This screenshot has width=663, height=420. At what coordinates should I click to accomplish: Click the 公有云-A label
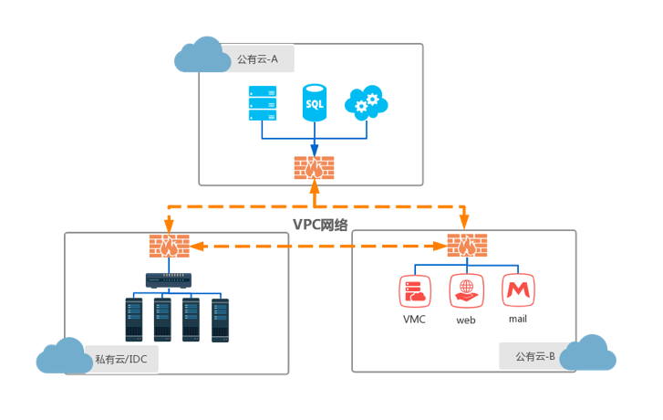tap(257, 59)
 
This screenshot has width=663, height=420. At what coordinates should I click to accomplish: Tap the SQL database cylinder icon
tap(314, 102)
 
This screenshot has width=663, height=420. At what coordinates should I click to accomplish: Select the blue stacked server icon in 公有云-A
tap(263, 103)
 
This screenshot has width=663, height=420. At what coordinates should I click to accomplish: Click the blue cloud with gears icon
tap(367, 102)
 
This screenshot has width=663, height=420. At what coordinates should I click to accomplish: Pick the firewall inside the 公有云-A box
tap(314, 168)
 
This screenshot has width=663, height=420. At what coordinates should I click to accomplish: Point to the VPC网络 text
tap(320, 225)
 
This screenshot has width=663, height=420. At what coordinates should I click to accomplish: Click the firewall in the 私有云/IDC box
tap(169, 246)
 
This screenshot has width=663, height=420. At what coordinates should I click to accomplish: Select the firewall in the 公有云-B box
tap(467, 245)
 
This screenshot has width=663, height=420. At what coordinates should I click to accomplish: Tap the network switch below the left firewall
tap(169, 280)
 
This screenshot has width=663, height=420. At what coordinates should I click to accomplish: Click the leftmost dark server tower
tap(134, 320)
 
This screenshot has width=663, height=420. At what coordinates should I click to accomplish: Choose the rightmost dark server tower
tap(221, 320)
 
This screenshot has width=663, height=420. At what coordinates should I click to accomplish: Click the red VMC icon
tap(415, 291)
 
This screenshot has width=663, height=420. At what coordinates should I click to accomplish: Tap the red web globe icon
tap(466, 291)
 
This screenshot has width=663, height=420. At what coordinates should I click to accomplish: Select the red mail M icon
tap(518, 290)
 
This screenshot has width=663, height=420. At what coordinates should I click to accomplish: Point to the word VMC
tap(414, 320)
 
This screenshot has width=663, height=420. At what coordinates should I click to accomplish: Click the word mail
tap(518, 319)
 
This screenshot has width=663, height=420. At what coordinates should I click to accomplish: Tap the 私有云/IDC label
tap(121, 360)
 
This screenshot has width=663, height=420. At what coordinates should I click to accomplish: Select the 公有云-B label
tap(535, 356)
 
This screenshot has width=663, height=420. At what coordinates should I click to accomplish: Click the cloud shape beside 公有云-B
tap(587, 352)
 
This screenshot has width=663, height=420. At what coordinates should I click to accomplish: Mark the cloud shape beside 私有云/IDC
tap(64, 356)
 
